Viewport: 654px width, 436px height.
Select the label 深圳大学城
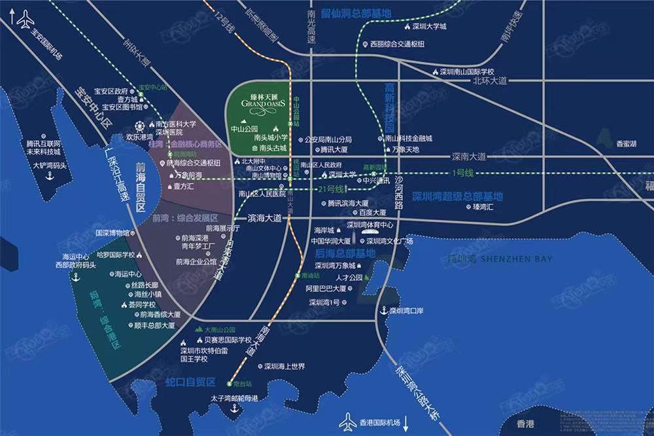tap(428, 27)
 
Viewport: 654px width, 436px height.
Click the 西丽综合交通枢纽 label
tap(397, 45)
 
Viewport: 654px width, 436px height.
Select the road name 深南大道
tap(469, 157)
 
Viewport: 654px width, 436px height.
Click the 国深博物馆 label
tap(112, 232)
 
